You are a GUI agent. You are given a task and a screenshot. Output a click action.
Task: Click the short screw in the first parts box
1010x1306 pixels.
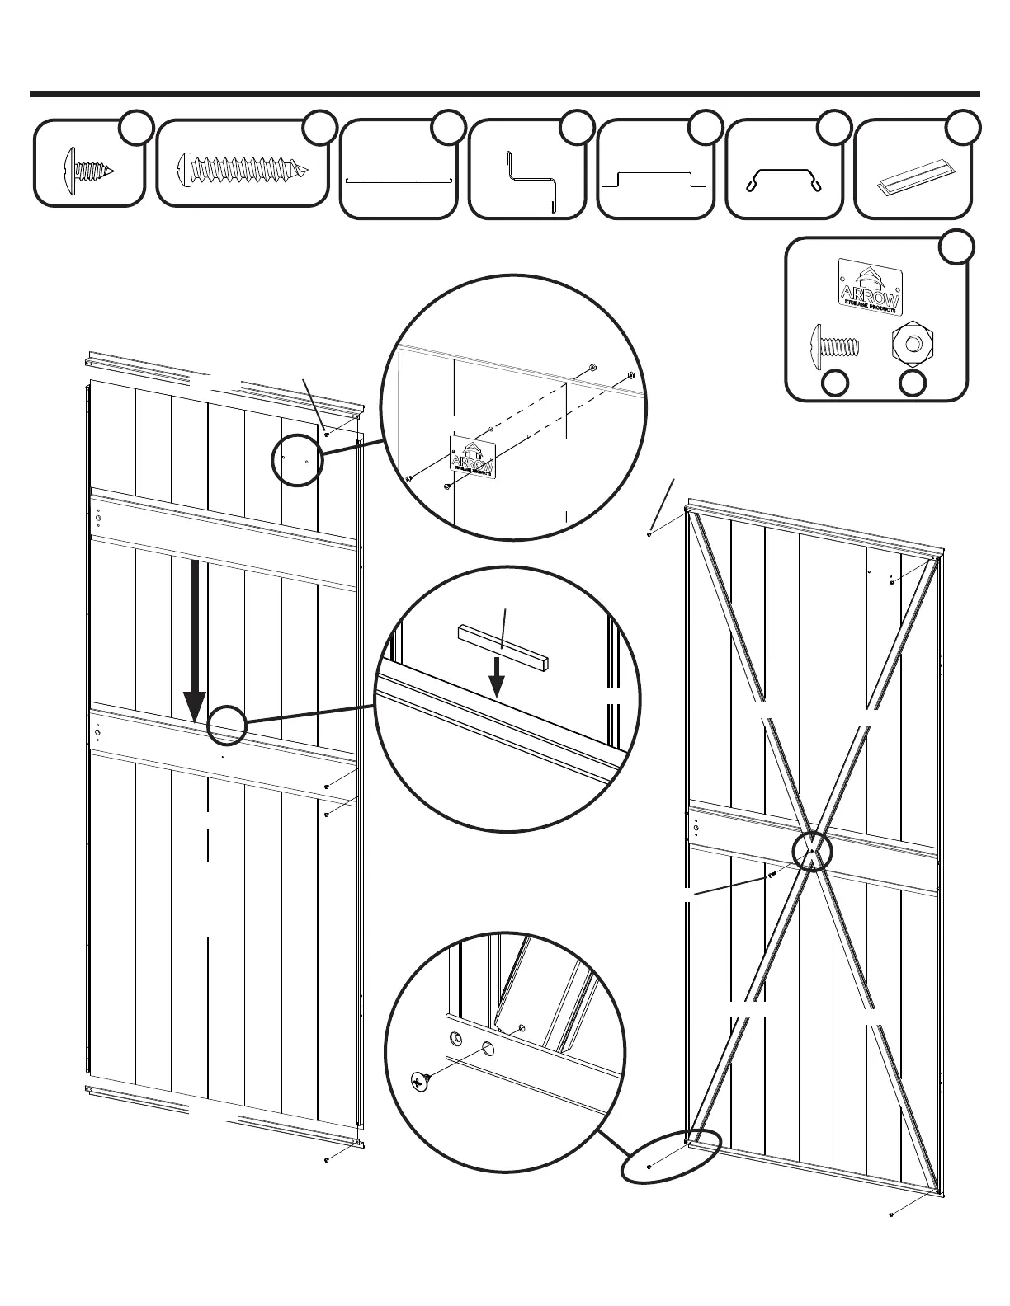coord(87,171)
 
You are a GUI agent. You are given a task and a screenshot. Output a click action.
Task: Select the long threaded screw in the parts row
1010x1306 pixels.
coord(244,170)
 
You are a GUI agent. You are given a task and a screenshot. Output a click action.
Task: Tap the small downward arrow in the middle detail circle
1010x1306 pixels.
coord(496,674)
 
